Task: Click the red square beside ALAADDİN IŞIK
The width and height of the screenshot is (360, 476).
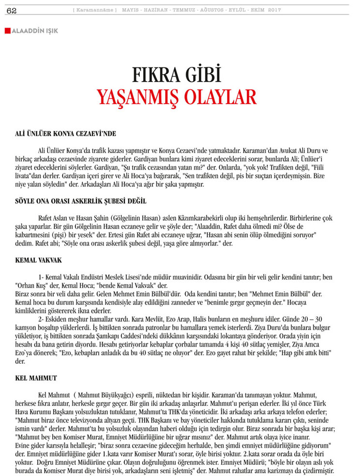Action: pyautogui.click(x=7, y=31)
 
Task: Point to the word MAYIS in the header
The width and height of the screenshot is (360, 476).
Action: pyautogui.click(x=131, y=10)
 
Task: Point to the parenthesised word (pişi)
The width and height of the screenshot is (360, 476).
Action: pyautogui.click(x=60, y=235)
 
